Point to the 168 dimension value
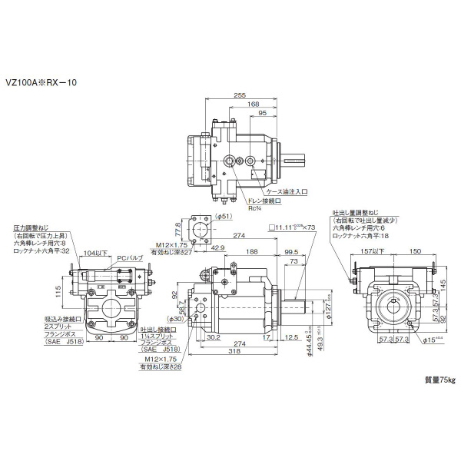[253, 104]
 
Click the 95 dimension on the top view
[263, 114]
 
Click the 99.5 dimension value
[292, 251]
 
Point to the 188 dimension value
[251, 251]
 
